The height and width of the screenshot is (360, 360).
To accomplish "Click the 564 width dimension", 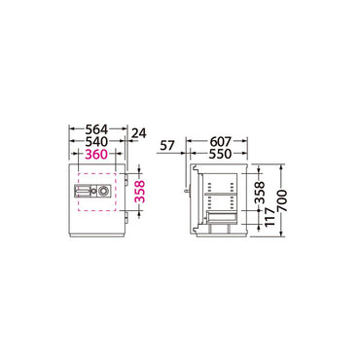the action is [x=96, y=129].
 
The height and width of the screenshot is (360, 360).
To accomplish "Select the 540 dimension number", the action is [x=96, y=142].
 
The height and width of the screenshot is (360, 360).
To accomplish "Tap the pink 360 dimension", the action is [x=96, y=155].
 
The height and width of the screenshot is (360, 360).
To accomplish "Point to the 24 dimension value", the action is [x=139, y=133].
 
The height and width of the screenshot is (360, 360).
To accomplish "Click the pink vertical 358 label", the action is [x=139, y=192].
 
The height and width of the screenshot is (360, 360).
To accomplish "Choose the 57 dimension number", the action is [x=167, y=146].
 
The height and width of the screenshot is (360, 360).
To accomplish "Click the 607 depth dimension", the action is [x=221, y=142].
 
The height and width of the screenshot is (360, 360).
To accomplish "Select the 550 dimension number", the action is [x=221, y=154].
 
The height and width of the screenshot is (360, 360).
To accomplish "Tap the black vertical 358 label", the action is [x=260, y=193].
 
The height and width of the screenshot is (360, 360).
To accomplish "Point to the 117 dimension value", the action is [x=270, y=217].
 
